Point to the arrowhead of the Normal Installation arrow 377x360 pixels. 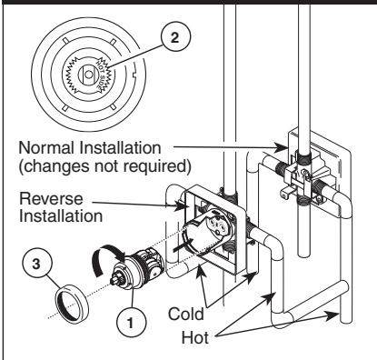[284, 145]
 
